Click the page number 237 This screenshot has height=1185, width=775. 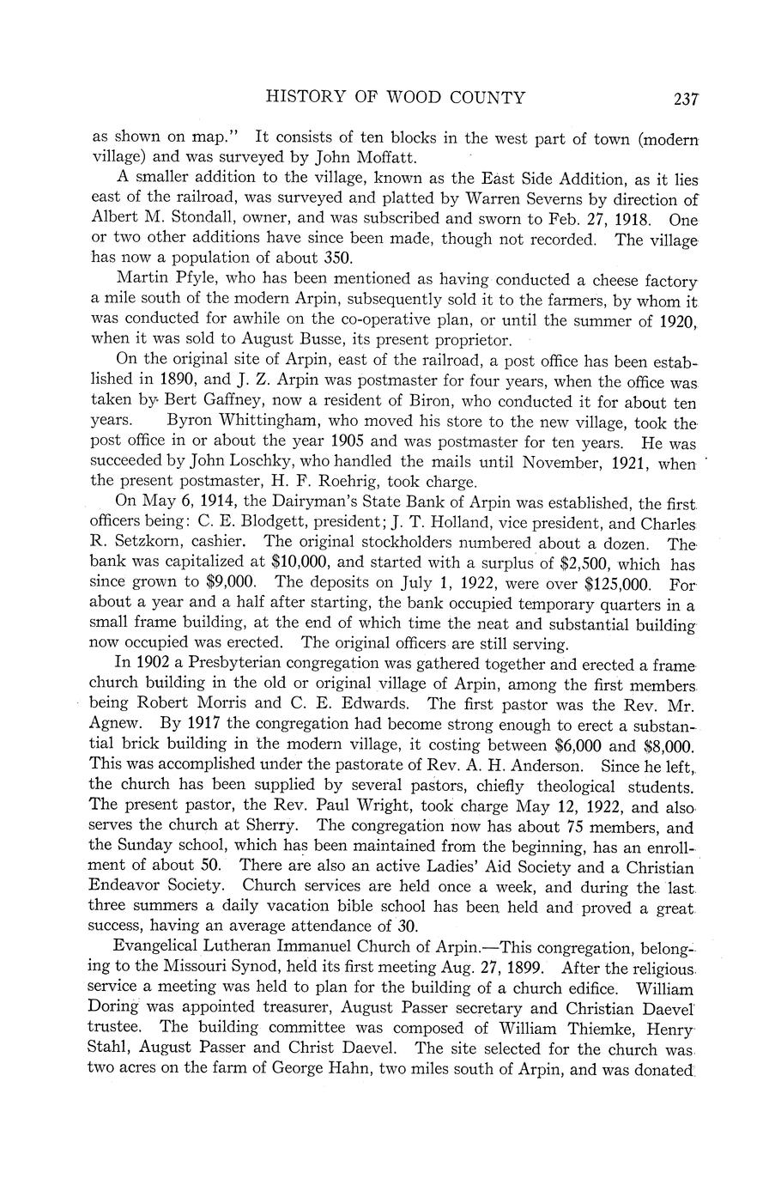pos(686,99)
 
